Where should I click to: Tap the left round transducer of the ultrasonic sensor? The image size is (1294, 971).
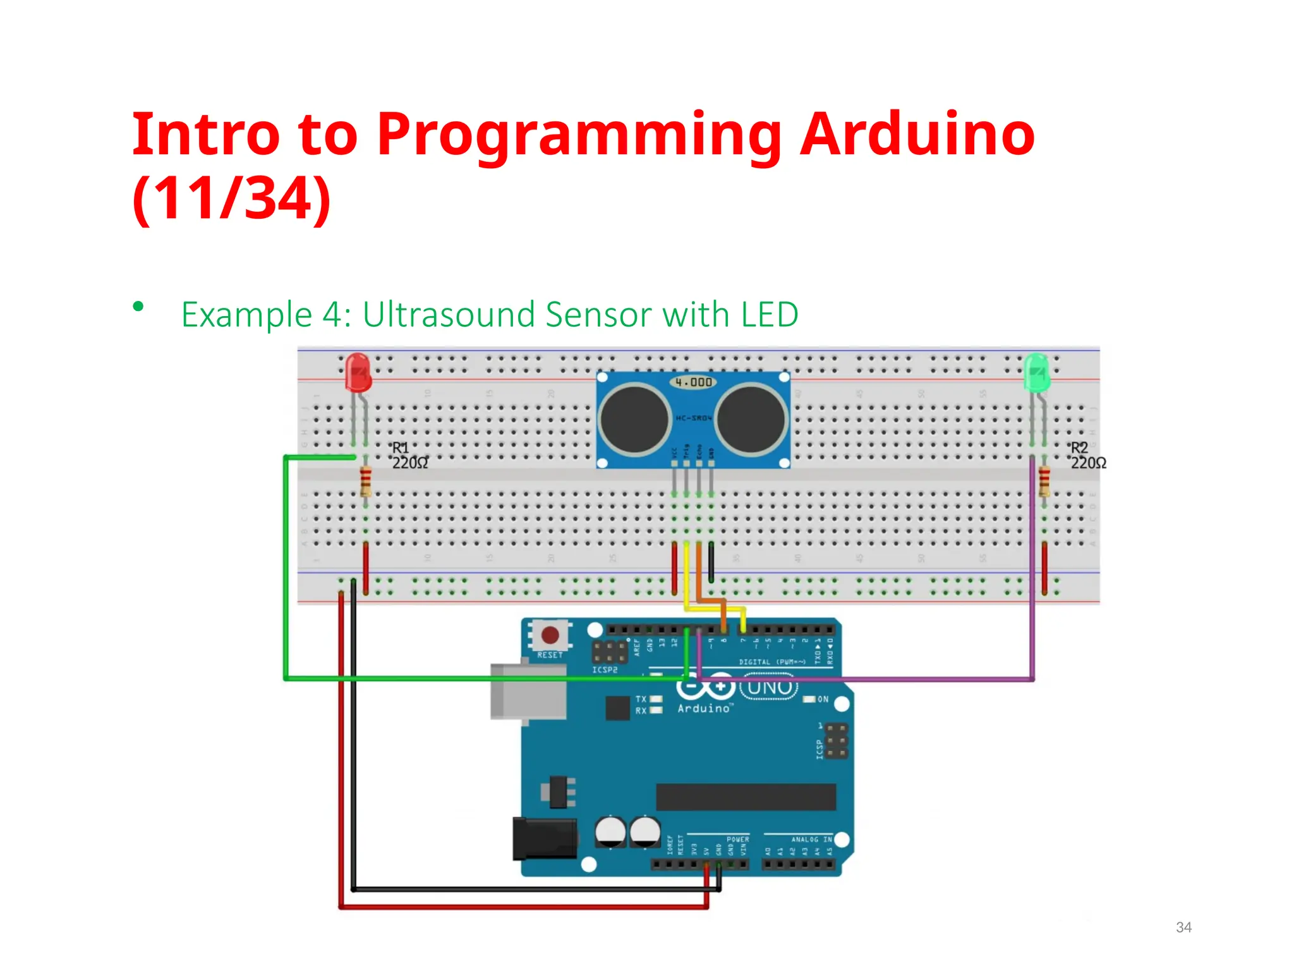[634, 419]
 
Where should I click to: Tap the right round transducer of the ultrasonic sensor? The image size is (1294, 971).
[751, 419]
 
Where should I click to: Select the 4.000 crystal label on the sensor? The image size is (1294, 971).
[693, 382]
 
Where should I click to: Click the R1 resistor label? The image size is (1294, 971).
[401, 448]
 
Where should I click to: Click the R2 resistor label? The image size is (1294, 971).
[1079, 448]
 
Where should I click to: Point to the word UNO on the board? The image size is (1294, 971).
[770, 687]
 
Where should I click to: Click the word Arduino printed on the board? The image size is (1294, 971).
[704, 709]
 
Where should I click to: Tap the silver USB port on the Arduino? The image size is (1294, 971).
[528, 691]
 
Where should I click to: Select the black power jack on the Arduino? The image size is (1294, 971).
[545, 838]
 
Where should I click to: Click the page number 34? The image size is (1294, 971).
[1183, 927]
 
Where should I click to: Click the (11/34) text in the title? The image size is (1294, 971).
[231, 198]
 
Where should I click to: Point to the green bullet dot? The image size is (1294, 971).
[138, 307]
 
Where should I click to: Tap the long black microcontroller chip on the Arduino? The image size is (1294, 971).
[746, 797]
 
